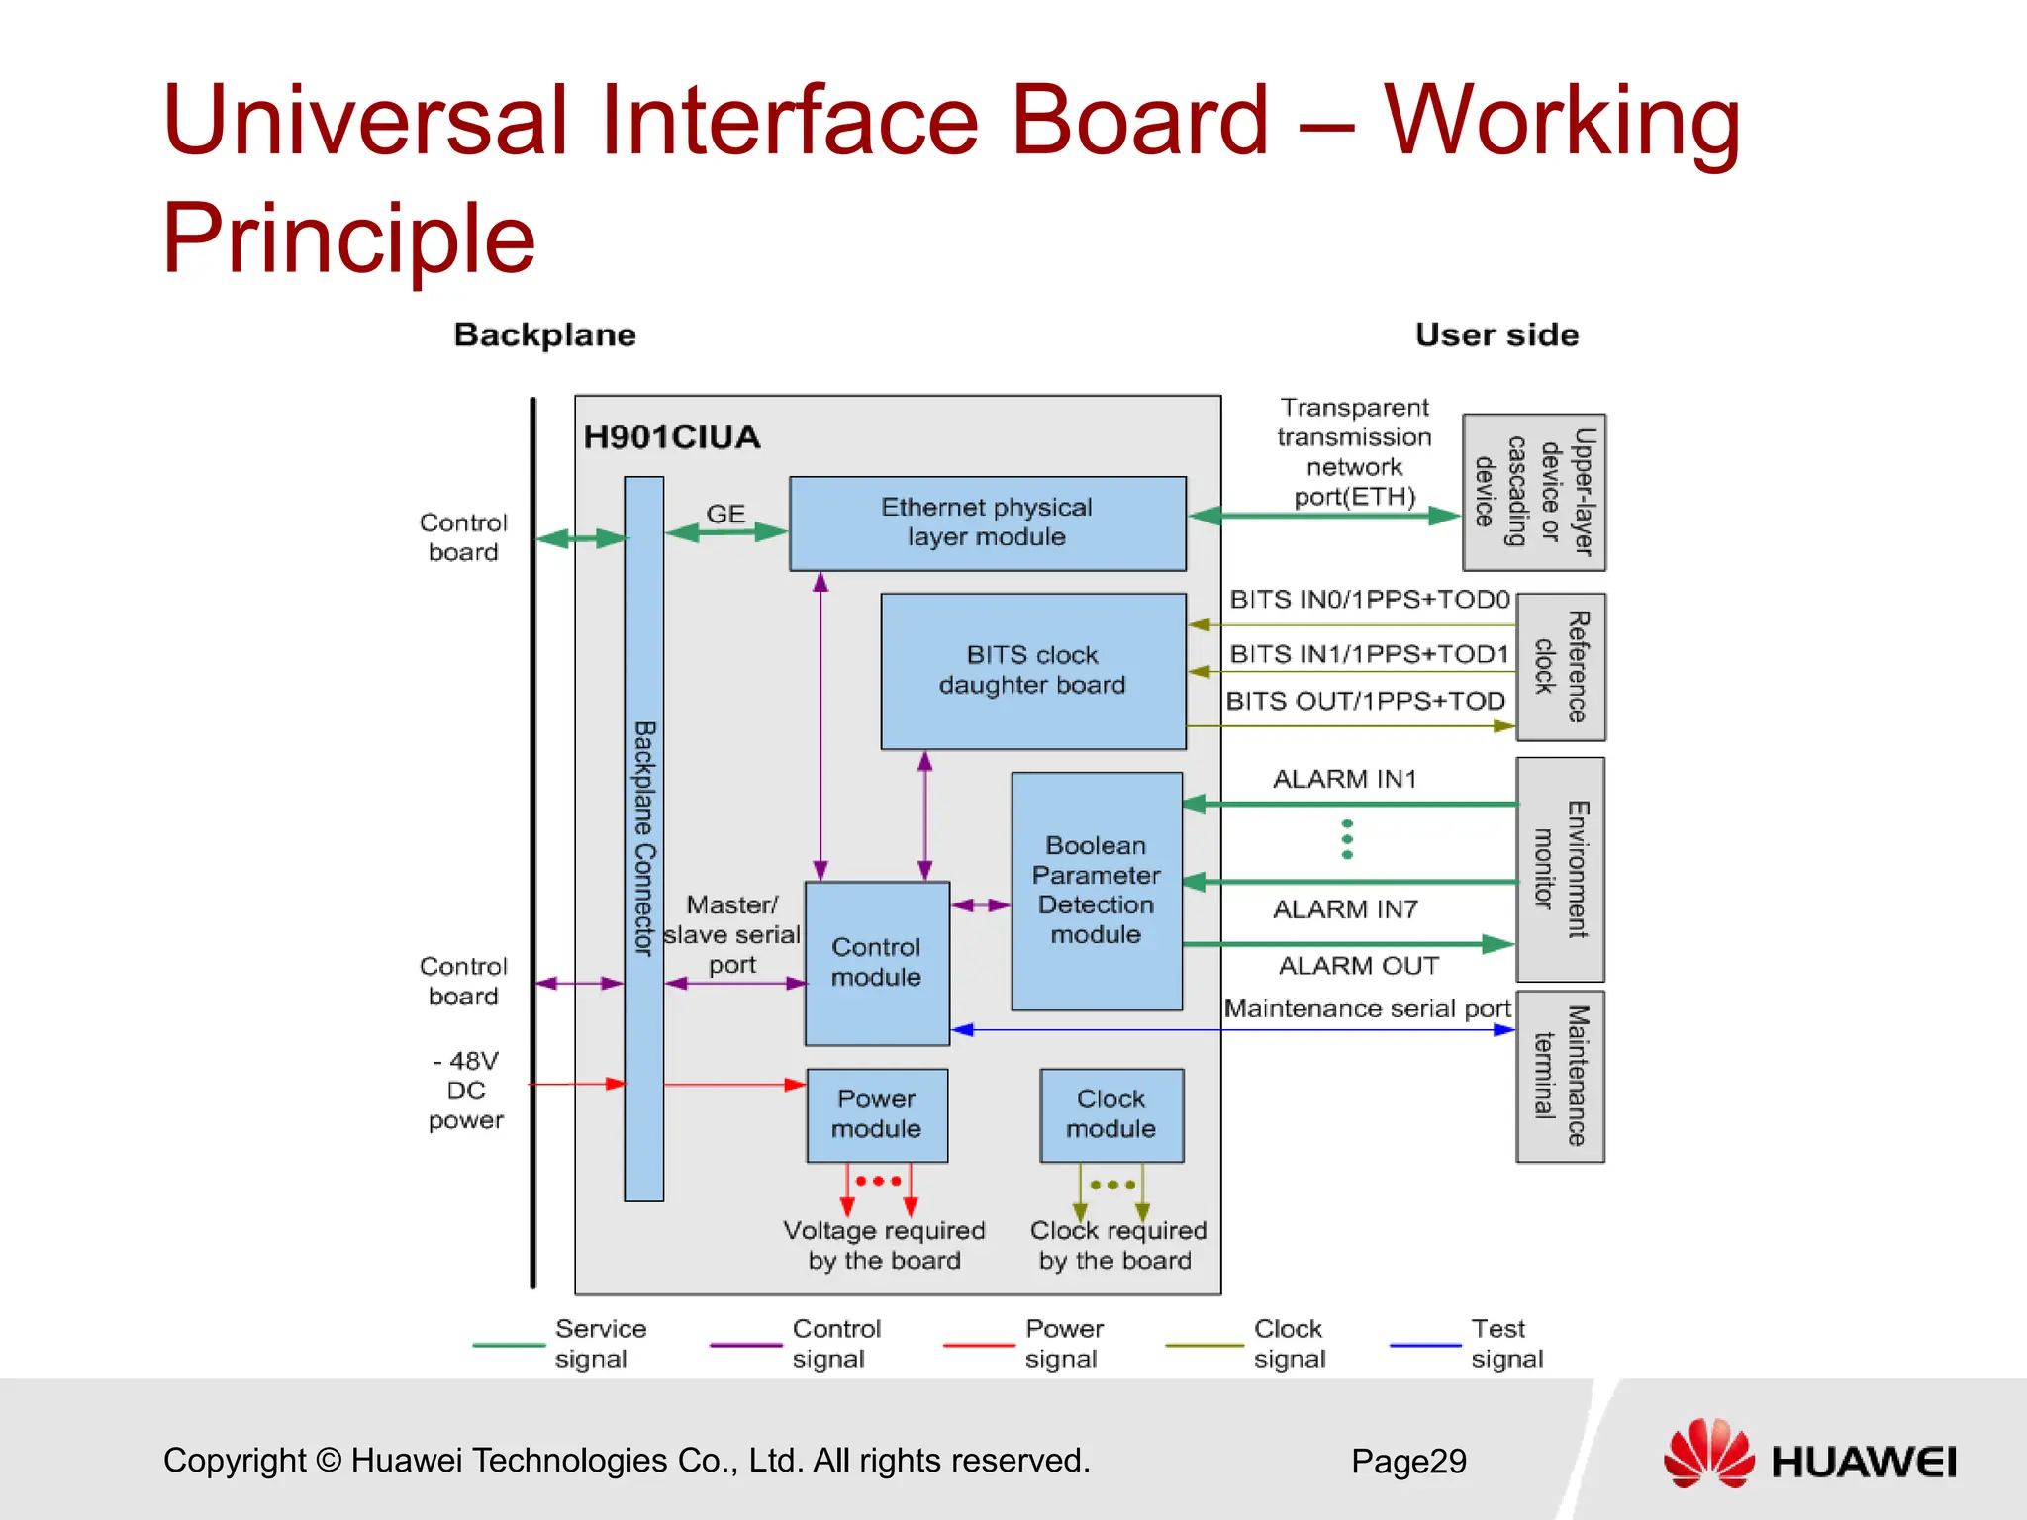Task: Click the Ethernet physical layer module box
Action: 987,522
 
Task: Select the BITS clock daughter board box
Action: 1032,670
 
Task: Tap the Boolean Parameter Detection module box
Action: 1096,890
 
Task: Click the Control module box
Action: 876,962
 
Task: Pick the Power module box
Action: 876,1114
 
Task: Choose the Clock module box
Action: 1110,1114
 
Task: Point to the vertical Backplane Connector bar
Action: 643,838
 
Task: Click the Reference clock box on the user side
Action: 1560,666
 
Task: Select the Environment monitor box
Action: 1560,869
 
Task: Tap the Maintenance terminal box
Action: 1560,1076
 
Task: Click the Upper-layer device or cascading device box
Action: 1533,492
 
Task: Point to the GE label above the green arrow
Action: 725,514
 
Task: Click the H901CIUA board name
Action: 671,436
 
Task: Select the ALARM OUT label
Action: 1358,965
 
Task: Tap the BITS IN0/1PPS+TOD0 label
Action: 1369,599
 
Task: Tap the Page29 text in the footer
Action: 1408,1461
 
